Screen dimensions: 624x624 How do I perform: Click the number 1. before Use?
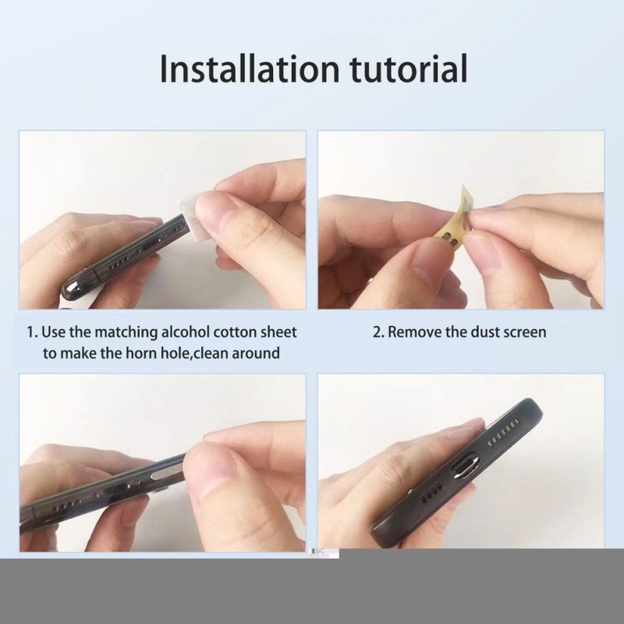click(x=33, y=331)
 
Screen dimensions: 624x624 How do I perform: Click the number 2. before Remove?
click(x=378, y=331)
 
